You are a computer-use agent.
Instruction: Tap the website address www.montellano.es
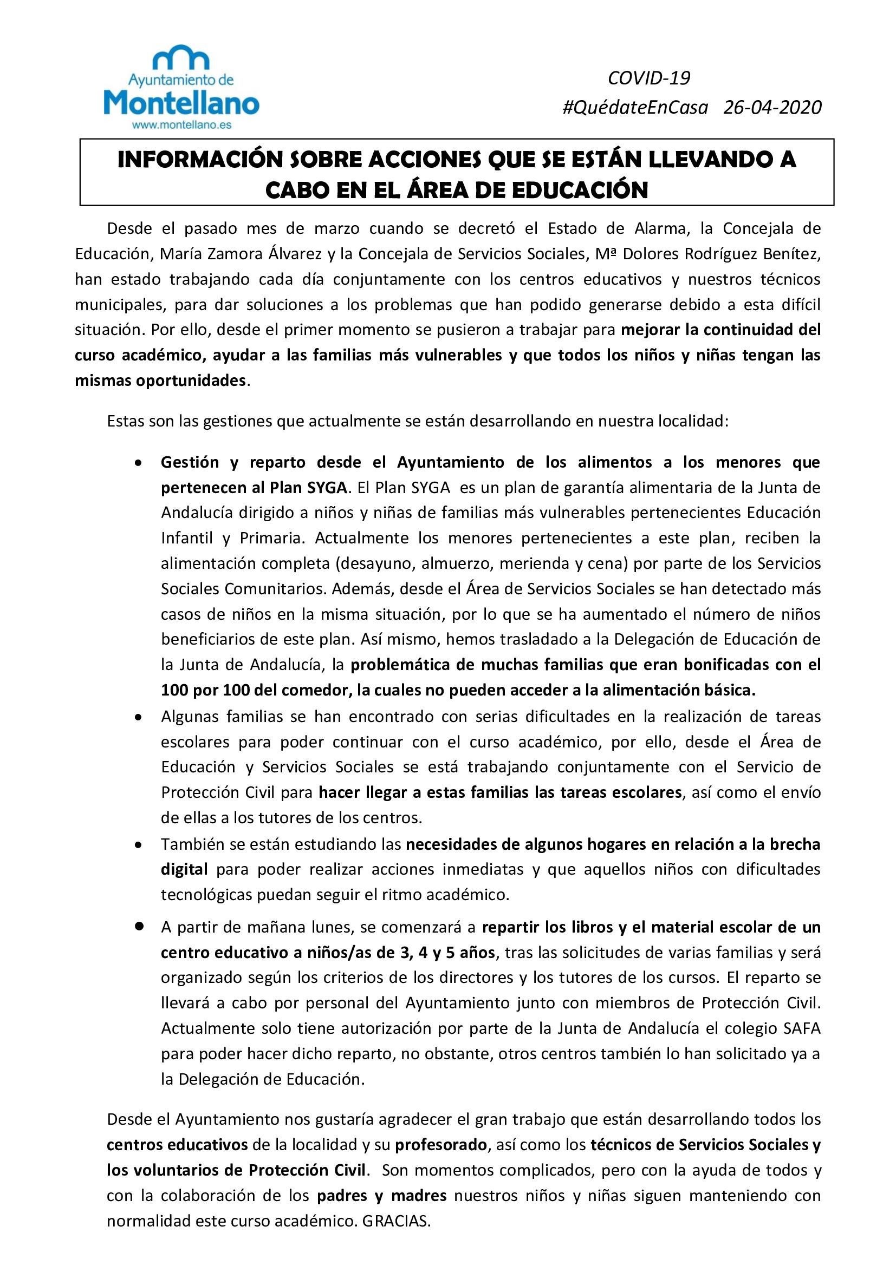181,125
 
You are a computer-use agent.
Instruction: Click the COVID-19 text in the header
649,78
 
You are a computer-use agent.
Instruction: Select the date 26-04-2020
772,107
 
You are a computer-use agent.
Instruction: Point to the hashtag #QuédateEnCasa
635,107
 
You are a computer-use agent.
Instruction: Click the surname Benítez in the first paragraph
793,254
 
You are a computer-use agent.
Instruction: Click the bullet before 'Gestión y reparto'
139,463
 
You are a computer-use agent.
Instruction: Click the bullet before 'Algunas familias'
139,717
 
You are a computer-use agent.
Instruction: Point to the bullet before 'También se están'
139,845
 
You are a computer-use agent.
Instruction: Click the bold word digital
184,870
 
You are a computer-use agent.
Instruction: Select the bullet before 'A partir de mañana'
139,927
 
